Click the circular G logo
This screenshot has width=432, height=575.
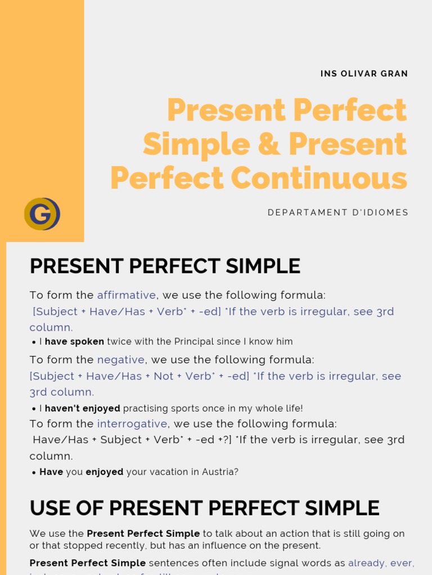[x=42, y=214]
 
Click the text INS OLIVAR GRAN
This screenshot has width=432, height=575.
[x=364, y=74]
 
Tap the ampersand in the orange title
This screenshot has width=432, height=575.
[x=269, y=144]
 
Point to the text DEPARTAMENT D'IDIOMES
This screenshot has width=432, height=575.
[x=338, y=212]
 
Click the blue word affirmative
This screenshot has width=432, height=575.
[x=126, y=295]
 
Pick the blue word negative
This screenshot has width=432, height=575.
[x=121, y=360]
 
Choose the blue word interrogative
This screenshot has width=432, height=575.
[x=132, y=424]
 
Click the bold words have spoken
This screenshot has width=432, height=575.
[x=74, y=341]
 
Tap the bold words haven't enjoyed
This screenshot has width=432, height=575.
[x=83, y=408]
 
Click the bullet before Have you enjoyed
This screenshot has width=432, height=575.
[x=34, y=473]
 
